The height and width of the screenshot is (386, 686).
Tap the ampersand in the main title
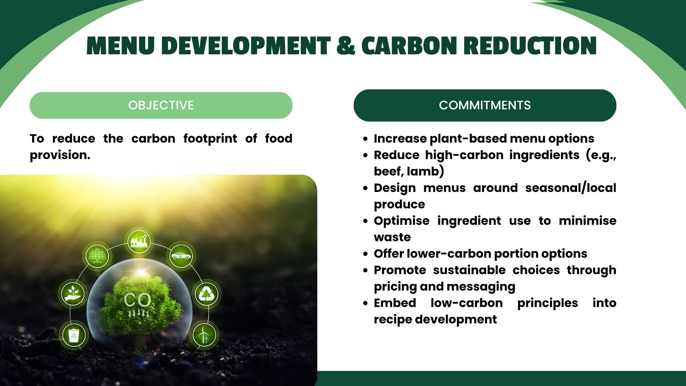click(346, 46)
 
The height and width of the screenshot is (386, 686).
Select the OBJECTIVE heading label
click(161, 105)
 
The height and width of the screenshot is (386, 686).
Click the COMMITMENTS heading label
click(485, 105)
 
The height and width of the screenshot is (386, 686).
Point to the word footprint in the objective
click(210, 139)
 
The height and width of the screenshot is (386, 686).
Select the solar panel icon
click(97, 255)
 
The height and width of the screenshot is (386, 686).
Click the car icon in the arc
click(181, 256)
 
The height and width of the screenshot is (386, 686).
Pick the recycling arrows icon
click(206, 294)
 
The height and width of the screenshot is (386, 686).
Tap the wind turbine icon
click(204, 334)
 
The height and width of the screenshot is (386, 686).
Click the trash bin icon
click(74, 335)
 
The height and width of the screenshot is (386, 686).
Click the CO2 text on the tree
click(139, 301)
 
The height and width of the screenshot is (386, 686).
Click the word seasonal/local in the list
click(571, 188)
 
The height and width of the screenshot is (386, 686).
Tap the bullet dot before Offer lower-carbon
click(365, 254)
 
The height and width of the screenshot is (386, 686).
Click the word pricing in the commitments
click(395, 287)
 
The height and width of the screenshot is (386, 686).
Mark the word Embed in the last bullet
click(395, 303)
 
